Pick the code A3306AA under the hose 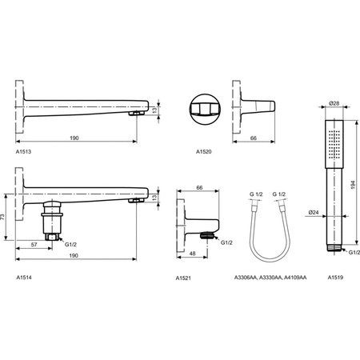pos(246,277)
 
